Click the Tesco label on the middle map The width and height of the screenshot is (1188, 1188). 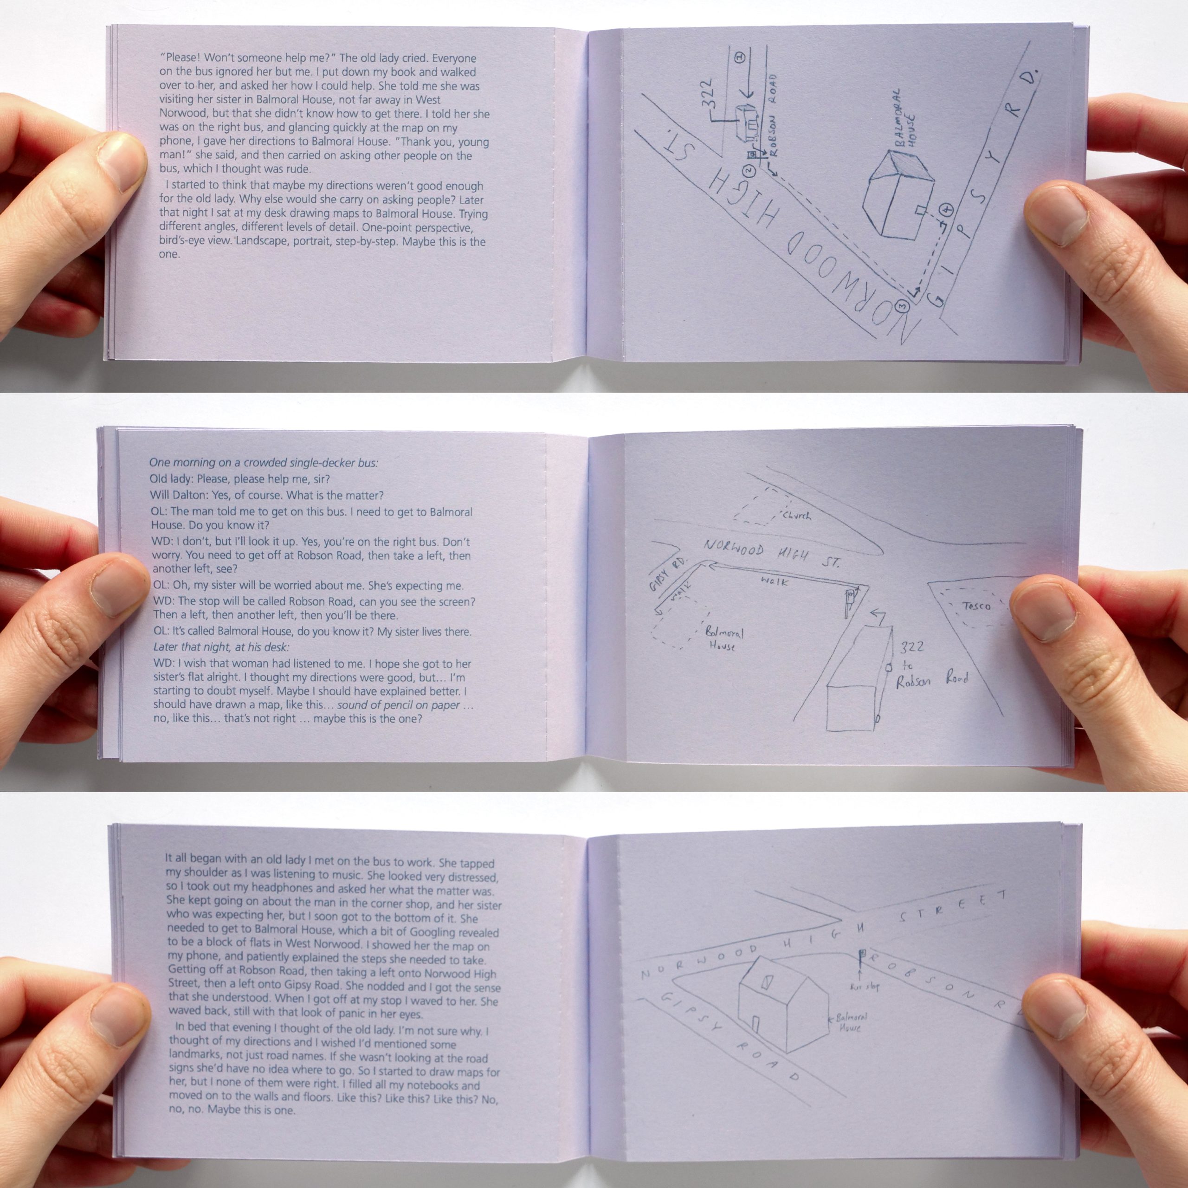click(976, 607)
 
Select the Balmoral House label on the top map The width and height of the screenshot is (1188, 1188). click(906, 121)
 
